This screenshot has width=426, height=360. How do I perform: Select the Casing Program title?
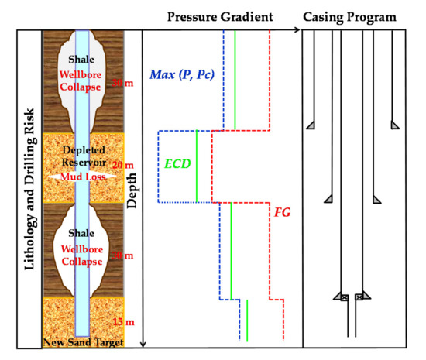pyautogui.click(x=360, y=15)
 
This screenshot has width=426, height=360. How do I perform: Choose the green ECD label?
pyautogui.click(x=177, y=164)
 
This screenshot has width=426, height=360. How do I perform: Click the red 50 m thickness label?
pyautogui.click(x=121, y=83)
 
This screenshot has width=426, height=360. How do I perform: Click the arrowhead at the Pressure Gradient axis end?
pyautogui.click(x=297, y=31)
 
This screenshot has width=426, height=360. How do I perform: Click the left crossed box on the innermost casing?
pyautogui.click(x=345, y=297)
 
